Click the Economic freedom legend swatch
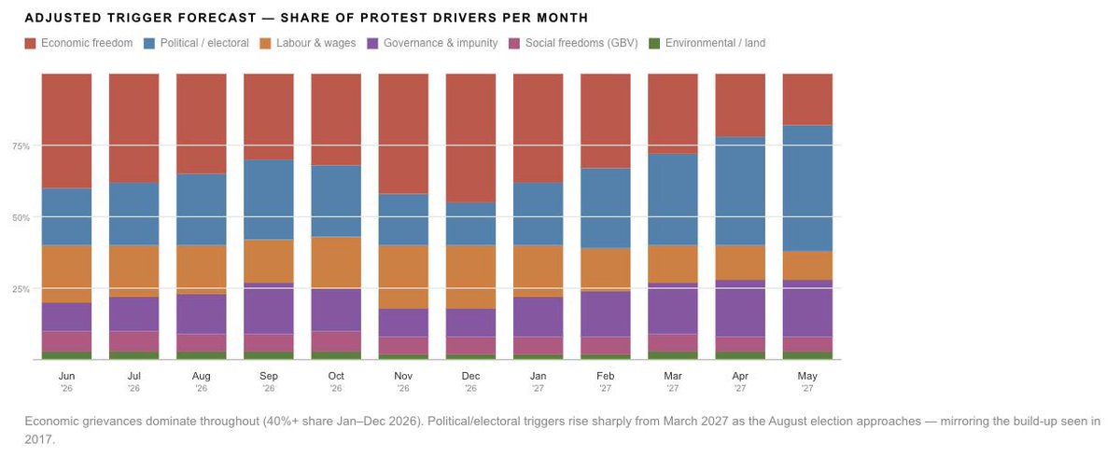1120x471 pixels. point(30,44)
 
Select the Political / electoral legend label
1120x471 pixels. point(204,43)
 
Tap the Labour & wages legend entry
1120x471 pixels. point(307,43)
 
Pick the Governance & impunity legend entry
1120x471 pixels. point(432,43)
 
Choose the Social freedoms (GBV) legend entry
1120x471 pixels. point(573,43)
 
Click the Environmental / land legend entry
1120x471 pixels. point(707,43)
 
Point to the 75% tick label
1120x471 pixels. point(21,146)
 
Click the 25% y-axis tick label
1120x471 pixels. point(21,289)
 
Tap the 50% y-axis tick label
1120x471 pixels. point(21,217)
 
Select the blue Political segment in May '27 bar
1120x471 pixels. point(807,188)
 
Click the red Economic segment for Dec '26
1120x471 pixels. point(470,138)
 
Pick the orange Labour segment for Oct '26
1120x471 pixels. point(336,262)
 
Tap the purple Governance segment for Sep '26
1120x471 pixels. point(269,308)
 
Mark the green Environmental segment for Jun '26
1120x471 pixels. point(66,355)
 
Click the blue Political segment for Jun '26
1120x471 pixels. point(66,216)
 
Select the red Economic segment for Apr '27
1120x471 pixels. point(740,105)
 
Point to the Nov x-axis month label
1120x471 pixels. point(403,376)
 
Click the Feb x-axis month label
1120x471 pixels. point(606,376)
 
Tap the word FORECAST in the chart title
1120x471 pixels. point(217,18)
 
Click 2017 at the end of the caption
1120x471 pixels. point(38,439)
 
